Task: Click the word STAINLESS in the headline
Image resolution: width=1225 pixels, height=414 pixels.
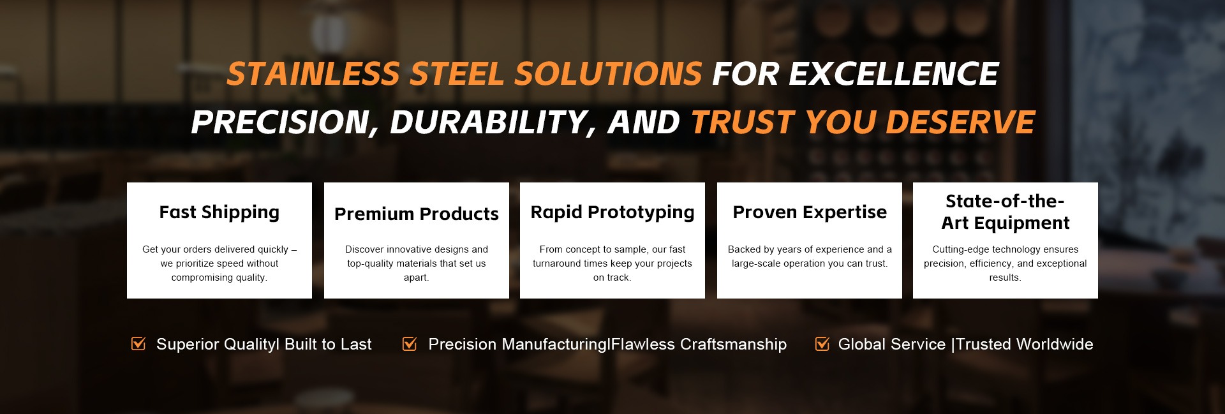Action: (x=313, y=74)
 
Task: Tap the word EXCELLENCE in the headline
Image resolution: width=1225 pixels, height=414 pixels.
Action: (x=894, y=74)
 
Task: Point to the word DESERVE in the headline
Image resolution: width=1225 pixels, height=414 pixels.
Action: (x=961, y=122)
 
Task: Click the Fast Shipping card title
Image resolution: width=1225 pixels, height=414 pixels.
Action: (x=219, y=212)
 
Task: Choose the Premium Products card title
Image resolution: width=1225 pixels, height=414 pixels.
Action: (x=417, y=214)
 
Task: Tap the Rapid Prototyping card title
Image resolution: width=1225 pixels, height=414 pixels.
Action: (x=612, y=212)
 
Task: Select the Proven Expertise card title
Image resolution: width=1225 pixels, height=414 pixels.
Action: (x=810, y=212)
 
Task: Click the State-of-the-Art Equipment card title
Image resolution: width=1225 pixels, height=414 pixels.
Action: (x=1006, y=212)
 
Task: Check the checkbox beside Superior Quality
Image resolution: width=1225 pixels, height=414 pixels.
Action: (x=138, y=344)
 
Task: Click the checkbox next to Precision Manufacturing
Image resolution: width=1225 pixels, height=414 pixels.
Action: (x=410, y=344)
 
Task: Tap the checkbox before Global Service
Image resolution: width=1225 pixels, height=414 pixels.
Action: (x=822, y=344)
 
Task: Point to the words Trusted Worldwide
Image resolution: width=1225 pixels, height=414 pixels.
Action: (x=1025, y=344)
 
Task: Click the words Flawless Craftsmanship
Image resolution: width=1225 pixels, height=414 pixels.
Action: (x=699, y=344)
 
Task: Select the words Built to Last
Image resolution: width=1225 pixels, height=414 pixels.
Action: (x=328, y=344)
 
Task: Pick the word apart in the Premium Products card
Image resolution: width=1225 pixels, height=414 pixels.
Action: (x=415, y=277)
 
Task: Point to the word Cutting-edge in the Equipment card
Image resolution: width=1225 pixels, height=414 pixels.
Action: (x=960, y=249)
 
